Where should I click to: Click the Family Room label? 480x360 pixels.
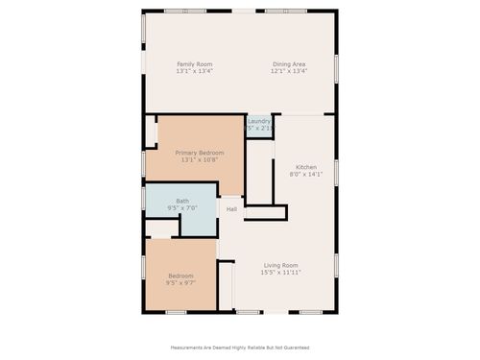[x=194, y=63]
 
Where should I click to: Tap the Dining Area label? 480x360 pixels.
[x=288, y=63]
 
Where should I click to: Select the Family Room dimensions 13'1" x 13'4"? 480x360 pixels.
[x=194, y=71]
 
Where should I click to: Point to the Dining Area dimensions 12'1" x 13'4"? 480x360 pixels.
[x=288, y=71]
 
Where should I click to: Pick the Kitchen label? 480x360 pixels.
[x=306, y=167]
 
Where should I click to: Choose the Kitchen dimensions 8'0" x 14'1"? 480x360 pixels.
[x=306, y=175]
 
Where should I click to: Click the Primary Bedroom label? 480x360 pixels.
[x=200, y=153]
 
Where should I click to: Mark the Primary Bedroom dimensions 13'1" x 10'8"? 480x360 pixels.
[x=200, y=160]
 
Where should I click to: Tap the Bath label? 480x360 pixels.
[x=182, y=201]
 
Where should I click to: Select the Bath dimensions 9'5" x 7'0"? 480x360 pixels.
[x=182, y=208]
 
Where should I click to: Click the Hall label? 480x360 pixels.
[x=231, y=209]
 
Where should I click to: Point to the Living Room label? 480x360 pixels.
[x=281, y=265]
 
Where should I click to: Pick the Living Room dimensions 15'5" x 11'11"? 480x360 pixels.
[x=281, y=273]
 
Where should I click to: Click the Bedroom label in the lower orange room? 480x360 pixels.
[x=181, y=276]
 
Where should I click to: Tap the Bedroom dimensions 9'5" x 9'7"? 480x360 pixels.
[x=181, y=283]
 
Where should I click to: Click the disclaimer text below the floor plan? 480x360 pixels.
[x=240, y=347]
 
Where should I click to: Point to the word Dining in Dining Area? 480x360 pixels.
[x=279, y=63]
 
